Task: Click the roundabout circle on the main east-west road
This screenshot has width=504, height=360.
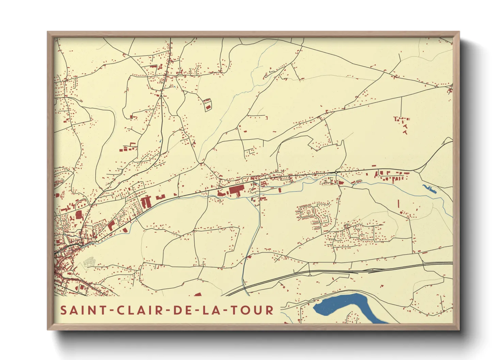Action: pyautogui.click(x=336, y=173)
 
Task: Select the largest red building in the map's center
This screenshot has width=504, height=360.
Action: pyautogui.click(x=235, y=190)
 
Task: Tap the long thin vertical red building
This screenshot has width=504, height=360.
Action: pyautogui.click(x=398, y=204)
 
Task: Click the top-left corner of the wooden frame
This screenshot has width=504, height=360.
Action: pyautogui.click(x=48, y=32)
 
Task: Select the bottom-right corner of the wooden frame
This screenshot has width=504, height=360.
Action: pyautogui.click(x=458, y=329)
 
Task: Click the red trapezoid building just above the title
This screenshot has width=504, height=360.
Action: pyautogui.click(x=198, y=294)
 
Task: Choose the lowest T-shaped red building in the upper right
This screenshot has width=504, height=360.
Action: pyautogui.click(x=405, y=132)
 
